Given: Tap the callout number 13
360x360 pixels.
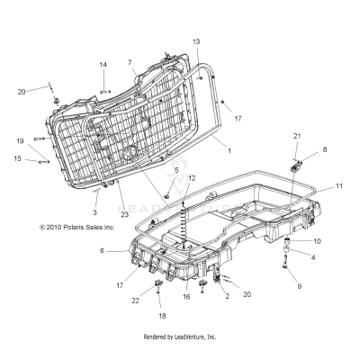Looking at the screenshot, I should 197,42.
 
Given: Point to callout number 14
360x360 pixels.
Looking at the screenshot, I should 103,64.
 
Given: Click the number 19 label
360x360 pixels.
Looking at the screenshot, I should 19,141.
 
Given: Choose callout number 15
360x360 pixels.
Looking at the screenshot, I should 17,159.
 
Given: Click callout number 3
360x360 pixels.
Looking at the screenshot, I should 94,211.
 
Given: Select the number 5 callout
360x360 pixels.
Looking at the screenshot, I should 176,170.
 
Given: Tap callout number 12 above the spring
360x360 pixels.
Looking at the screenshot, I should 191,179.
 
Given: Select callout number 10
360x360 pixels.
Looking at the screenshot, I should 317,242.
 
